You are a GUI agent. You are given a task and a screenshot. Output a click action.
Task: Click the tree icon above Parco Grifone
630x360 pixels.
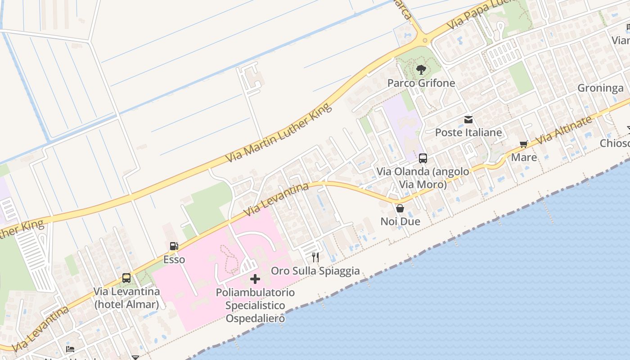[421, 69]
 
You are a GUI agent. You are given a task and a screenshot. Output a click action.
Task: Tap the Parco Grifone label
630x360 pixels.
[421, 83]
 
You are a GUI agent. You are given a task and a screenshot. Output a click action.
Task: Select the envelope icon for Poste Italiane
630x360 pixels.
[468, 120]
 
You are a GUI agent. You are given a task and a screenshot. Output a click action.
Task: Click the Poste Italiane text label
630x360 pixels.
[468, 133]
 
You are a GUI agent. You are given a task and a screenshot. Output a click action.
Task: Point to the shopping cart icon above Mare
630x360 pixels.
[523, 144]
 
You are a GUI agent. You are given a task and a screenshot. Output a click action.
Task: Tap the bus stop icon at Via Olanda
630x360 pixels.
[423, 158]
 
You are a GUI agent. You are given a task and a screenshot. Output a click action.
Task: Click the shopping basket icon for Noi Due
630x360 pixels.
[400, 208]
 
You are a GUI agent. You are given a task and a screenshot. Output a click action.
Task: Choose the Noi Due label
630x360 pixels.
[400, 221]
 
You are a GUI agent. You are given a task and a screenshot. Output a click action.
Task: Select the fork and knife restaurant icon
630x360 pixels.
[315, 257]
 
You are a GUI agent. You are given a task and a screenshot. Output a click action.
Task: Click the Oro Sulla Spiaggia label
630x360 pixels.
[315, 271]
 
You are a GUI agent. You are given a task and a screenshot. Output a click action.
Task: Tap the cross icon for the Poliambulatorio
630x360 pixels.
[255, 279]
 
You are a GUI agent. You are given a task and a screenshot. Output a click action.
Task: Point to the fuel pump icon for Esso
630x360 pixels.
[174, 246]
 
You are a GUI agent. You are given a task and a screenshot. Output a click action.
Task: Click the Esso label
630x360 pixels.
[174, 260]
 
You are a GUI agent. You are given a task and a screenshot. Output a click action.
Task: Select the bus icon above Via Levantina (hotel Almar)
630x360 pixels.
[126, 278]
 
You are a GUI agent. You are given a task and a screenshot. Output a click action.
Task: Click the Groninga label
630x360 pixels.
[600, 88]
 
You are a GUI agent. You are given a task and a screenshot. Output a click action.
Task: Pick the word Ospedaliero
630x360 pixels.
[255, 319]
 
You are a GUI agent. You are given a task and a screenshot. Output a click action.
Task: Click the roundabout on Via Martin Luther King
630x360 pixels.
[424, 40]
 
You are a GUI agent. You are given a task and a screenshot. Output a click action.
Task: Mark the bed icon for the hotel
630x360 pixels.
[70, 349]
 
